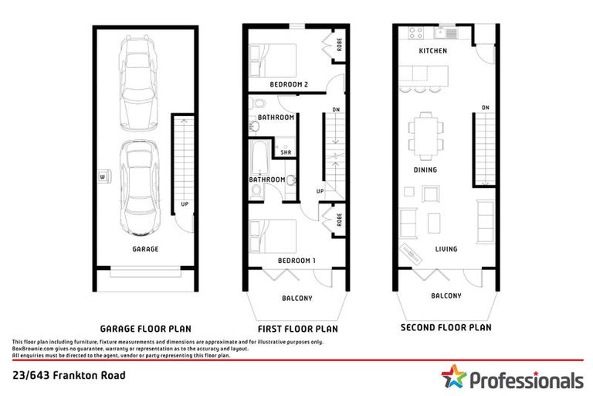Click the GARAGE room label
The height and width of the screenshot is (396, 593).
tap(145, 249)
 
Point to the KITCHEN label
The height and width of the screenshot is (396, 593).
tap(432, 51)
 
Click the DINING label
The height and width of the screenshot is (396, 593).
tap(425, 169)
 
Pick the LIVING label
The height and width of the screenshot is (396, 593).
tap(446, 249)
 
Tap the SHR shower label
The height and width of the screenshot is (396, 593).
tap(286, 153)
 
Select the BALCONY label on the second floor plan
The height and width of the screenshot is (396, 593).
tap(446, 295)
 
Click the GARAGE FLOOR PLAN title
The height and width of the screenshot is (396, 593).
tap(145, 328)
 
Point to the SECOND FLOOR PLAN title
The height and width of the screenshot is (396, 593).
tap(446, 327)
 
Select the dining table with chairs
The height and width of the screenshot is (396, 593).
tap(425, 133)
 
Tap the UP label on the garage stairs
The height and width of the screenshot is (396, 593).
tap(184, 205)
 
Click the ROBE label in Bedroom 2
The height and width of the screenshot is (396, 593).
tap(339, 46)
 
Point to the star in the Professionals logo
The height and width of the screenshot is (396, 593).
tap(455, 378)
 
